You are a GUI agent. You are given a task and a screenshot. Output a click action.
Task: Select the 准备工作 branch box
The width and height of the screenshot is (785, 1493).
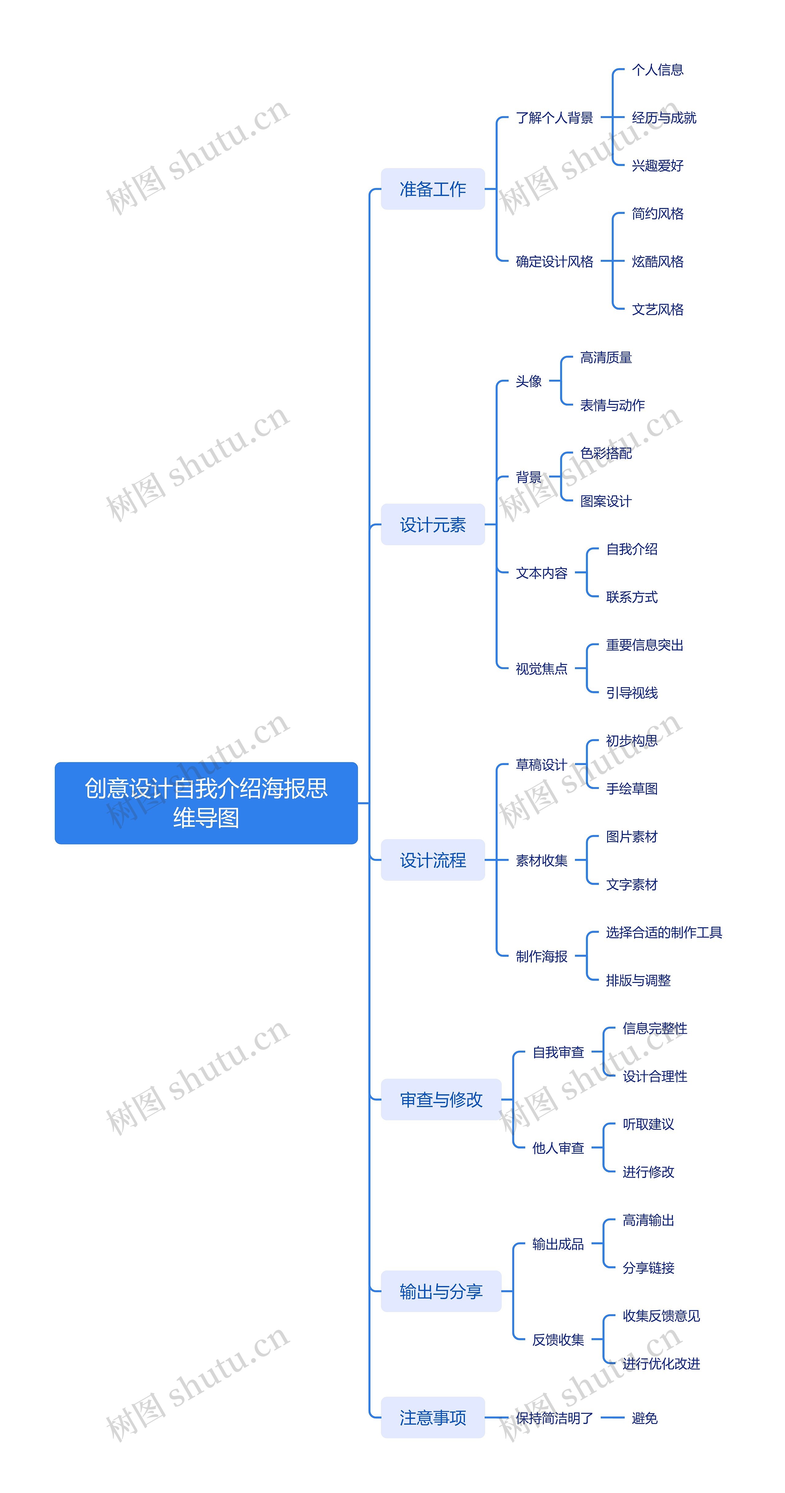point(433,189)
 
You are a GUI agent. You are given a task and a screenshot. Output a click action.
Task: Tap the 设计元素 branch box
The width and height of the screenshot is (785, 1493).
point(433,525)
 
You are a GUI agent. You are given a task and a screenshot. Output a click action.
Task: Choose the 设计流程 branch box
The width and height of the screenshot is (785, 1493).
point(433,860)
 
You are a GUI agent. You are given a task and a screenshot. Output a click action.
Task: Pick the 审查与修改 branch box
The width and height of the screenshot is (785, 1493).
point(441,1099)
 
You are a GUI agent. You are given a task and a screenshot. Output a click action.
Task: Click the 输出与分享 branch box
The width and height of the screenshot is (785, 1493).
point(441,1291)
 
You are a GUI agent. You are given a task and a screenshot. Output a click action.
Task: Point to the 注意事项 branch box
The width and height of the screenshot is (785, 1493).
point(433,1418)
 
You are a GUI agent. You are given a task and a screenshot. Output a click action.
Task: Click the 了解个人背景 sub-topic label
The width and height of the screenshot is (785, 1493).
point(554,118)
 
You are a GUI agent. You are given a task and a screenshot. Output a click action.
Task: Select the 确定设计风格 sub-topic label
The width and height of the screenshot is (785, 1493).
point(554,261)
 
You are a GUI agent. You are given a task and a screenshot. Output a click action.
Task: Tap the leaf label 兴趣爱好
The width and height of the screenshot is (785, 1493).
point(657,166)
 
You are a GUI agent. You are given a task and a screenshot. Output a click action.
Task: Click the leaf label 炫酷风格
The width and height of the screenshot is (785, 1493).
point(657,261)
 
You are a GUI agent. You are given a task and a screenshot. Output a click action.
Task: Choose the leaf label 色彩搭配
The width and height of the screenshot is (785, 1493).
point(606,453)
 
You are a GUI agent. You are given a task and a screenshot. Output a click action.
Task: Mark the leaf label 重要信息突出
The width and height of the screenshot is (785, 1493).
point(645,645)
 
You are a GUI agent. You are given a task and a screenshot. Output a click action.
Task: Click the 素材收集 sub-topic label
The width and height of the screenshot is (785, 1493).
point(542,861)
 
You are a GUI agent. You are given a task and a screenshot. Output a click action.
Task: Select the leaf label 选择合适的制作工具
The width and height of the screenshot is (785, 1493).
point(664,933)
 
